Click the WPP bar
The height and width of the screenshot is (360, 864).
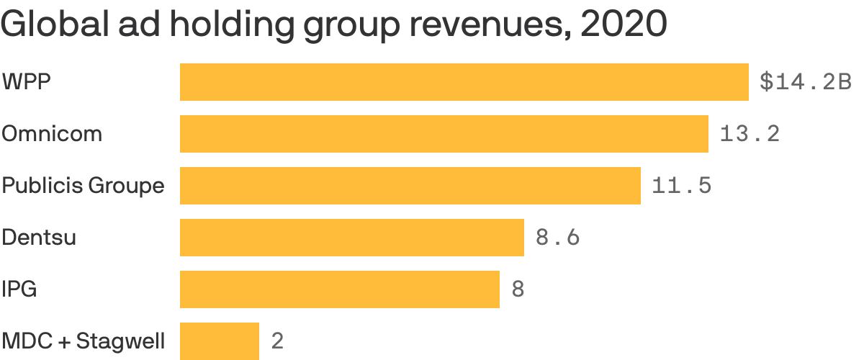[464, 82]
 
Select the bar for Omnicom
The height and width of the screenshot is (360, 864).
[444, 134]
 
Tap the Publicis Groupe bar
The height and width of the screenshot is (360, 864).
[410, 186]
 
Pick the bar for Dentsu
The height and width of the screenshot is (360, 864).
[351, 238]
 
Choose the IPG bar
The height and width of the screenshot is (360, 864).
[339, 289]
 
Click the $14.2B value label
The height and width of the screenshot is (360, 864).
[806, 82]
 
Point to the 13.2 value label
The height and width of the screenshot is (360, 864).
[750, 134]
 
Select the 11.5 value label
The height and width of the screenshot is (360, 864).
[681, 186]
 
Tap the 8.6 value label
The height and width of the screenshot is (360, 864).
[557, 238]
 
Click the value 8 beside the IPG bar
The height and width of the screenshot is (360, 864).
[517, 289]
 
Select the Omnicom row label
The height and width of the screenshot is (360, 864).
[52, 134]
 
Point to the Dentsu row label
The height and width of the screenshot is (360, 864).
[39, 238]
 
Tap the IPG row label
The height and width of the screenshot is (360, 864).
[19, 289]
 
